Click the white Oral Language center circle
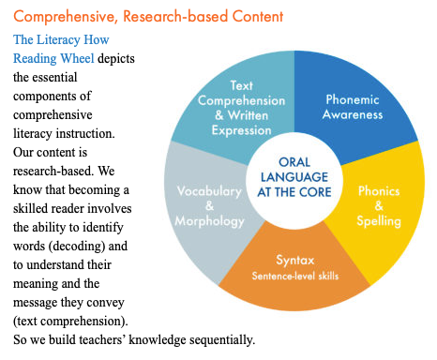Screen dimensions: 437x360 tap(294, 181)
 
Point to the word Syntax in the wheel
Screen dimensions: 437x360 tap(295, 261)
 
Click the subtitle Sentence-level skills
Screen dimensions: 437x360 tap(295, 276)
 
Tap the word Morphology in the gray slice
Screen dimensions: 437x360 tap(209, 221)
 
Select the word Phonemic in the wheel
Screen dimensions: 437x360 tap(353, 99)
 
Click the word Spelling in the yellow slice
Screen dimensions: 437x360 tap(379, 221)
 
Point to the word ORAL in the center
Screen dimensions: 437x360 tap(294, 162)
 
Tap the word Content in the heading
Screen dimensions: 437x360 tap(258, 16)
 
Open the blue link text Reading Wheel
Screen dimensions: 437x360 tap(53, 58)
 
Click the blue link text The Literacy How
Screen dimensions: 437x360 tap(61, 39)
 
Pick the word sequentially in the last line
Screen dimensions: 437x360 tap(222, 340)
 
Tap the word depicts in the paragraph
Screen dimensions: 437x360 tap(116, 59)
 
